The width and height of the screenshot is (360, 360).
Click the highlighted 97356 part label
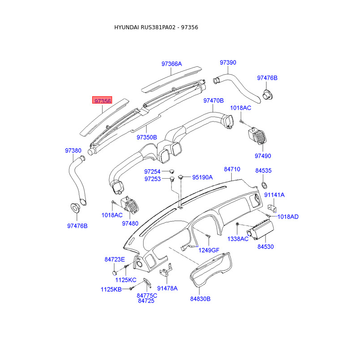click(102, 100)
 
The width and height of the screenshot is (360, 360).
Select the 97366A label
click(171, 64)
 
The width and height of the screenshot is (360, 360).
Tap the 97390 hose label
click(228, 63)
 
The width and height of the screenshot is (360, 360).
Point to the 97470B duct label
click(213, 100)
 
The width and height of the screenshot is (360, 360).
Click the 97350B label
click(147, 137)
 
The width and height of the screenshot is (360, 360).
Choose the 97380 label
click(73, 151)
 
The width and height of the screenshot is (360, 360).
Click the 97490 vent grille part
click(257, 136)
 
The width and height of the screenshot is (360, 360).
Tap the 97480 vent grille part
click(130, 205)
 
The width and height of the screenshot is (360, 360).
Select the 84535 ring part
click(264, 185)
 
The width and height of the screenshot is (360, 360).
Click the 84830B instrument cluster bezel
click(210, 269)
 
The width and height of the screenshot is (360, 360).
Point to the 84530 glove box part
click(261, 230)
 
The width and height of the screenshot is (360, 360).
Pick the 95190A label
click(202, 177)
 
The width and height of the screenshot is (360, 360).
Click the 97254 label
click(152, 171)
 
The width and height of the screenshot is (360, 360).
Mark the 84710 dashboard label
click(232, 169)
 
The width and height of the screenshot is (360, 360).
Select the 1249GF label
click(209, 250)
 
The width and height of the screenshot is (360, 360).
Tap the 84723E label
click(115, 260)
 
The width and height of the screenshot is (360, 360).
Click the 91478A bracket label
click(167, 288)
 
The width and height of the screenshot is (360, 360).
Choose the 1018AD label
click(288, 217)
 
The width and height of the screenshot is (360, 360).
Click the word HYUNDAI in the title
click(126, 27)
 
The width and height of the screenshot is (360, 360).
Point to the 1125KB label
click(111, 289)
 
